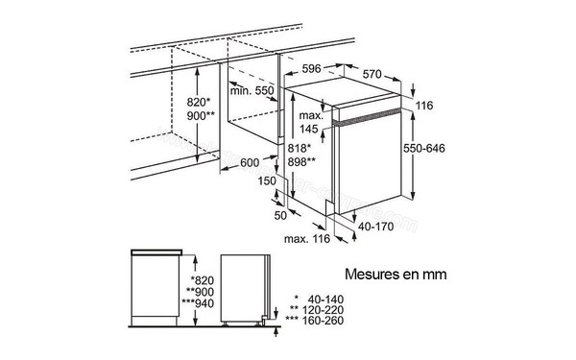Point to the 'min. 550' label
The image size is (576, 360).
252,90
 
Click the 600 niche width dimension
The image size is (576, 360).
252,161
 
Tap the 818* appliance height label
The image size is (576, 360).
299,149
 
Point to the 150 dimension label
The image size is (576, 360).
267,180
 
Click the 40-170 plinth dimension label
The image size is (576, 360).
374,227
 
